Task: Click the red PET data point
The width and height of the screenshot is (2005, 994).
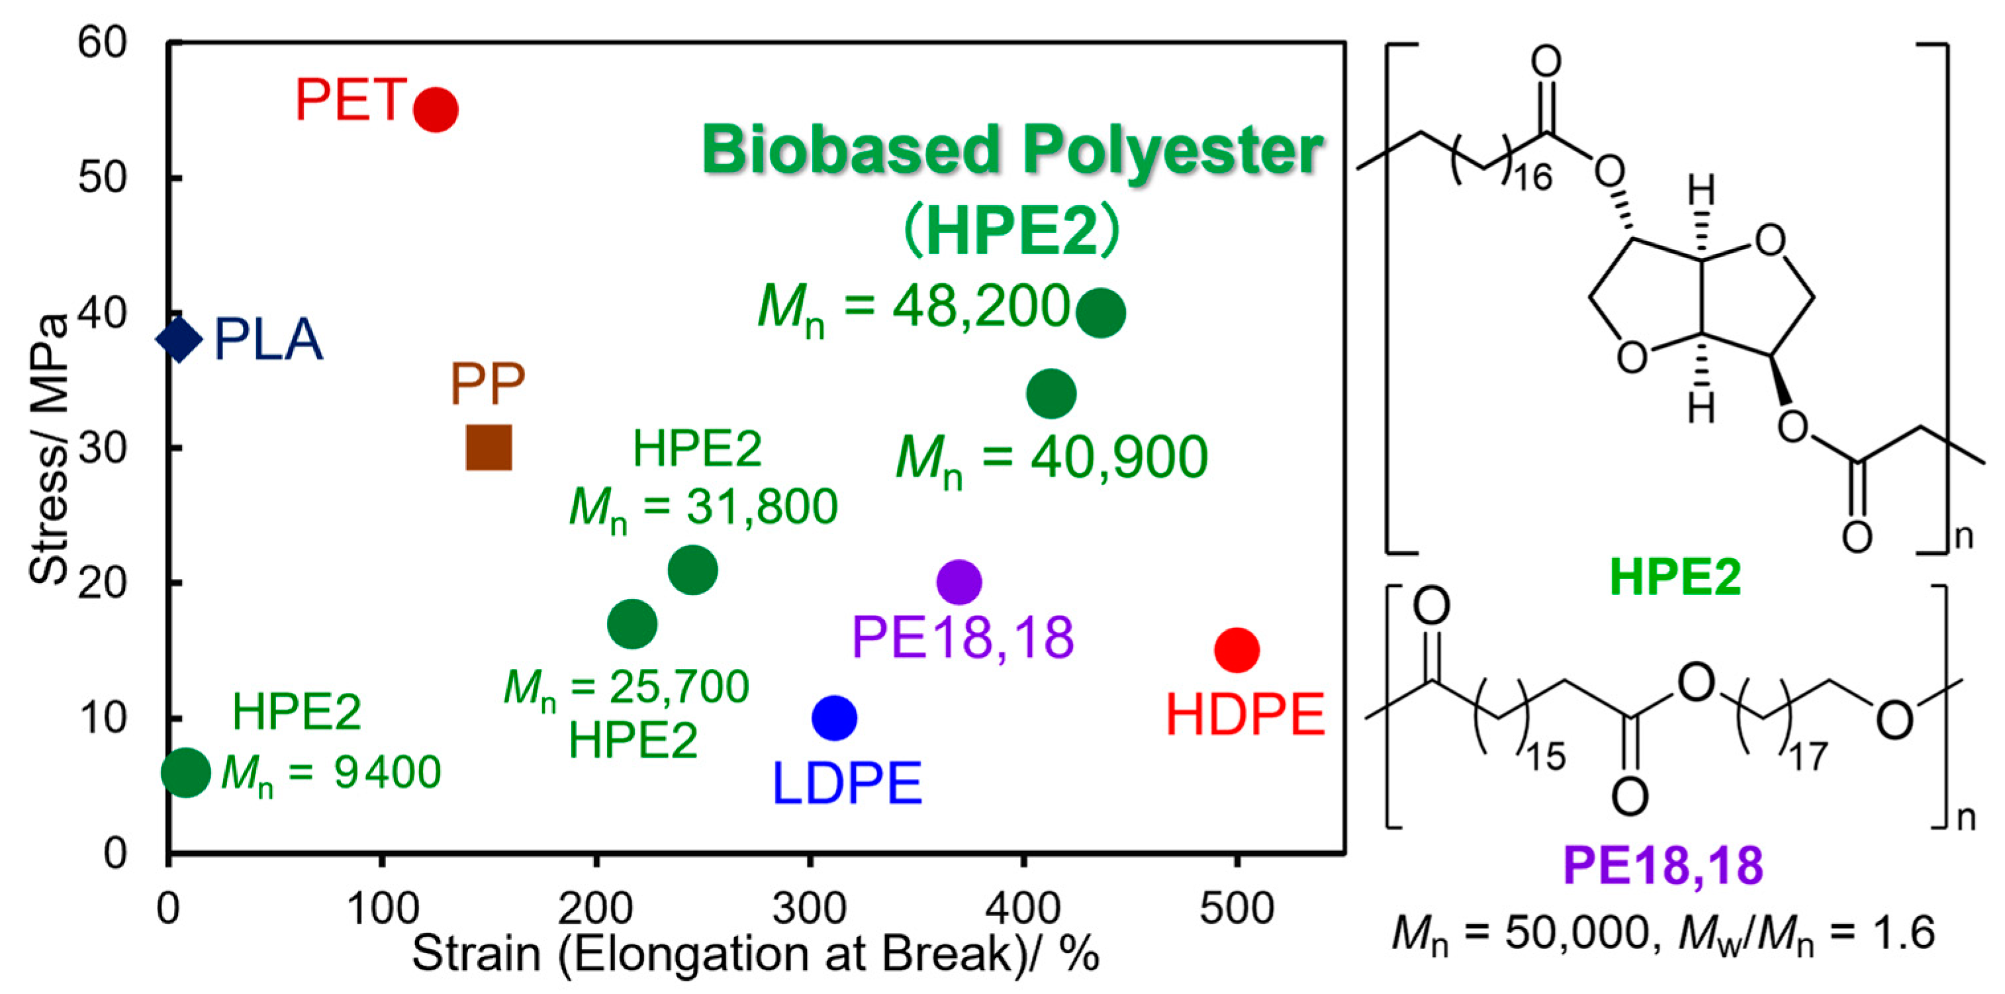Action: (435, 110)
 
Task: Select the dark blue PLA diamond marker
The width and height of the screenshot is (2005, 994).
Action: (179, 339)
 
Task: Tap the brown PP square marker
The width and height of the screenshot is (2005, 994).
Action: (489, 447)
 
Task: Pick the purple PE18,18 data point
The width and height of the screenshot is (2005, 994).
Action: (959, 582)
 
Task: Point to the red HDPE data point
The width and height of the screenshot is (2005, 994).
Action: (1236, 650)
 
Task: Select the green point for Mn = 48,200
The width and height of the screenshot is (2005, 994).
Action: (1101, 313)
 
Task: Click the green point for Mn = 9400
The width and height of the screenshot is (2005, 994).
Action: (185, 772)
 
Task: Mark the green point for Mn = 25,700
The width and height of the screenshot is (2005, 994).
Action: (632, 623)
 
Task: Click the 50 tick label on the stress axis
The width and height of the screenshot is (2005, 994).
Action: (102, 178)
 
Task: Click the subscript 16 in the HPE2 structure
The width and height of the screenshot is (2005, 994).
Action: (1532, 178)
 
